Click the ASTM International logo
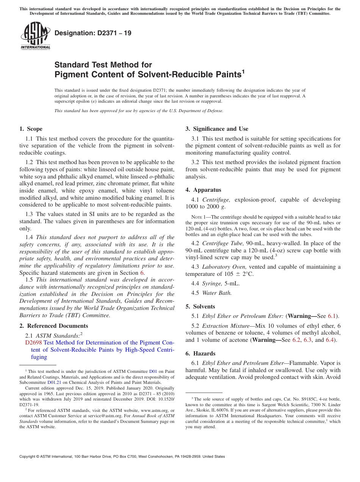tap(35, 36)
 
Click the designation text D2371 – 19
tap(93, 33)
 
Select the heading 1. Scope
tap(31, 129)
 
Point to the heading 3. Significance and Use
tap(217, 129)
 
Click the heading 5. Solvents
tap(200, 307)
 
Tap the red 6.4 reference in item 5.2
tap(330, 340)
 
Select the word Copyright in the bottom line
tap(29, 457)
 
